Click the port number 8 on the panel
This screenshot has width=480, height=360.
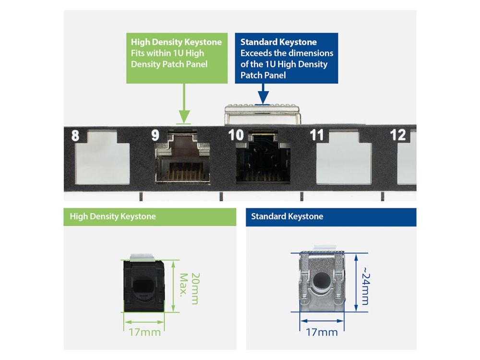click(75, 136)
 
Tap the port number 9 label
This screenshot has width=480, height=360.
click(155, 135)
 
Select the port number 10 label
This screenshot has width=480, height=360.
click(236, 135)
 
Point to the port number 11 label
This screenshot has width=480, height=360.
click(316, 135)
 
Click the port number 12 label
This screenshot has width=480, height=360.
click(397, 135)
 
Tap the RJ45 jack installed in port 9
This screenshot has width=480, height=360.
click(182, 157)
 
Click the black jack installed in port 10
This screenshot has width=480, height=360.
click(263, 157)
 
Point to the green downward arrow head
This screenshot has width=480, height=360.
click(184, 117)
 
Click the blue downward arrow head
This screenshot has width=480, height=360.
click(263, 97)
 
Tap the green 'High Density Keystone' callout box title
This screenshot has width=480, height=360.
click(176, 42)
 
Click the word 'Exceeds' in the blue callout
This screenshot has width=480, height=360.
click(256, 53)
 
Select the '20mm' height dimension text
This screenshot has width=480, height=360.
click(195, 288)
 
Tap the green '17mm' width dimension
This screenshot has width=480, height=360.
click(144, 332)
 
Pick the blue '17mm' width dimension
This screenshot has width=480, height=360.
click(322, 332)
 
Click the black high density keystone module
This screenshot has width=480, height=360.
click(144, 285)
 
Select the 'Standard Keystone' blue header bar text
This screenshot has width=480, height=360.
click(287, 216)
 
